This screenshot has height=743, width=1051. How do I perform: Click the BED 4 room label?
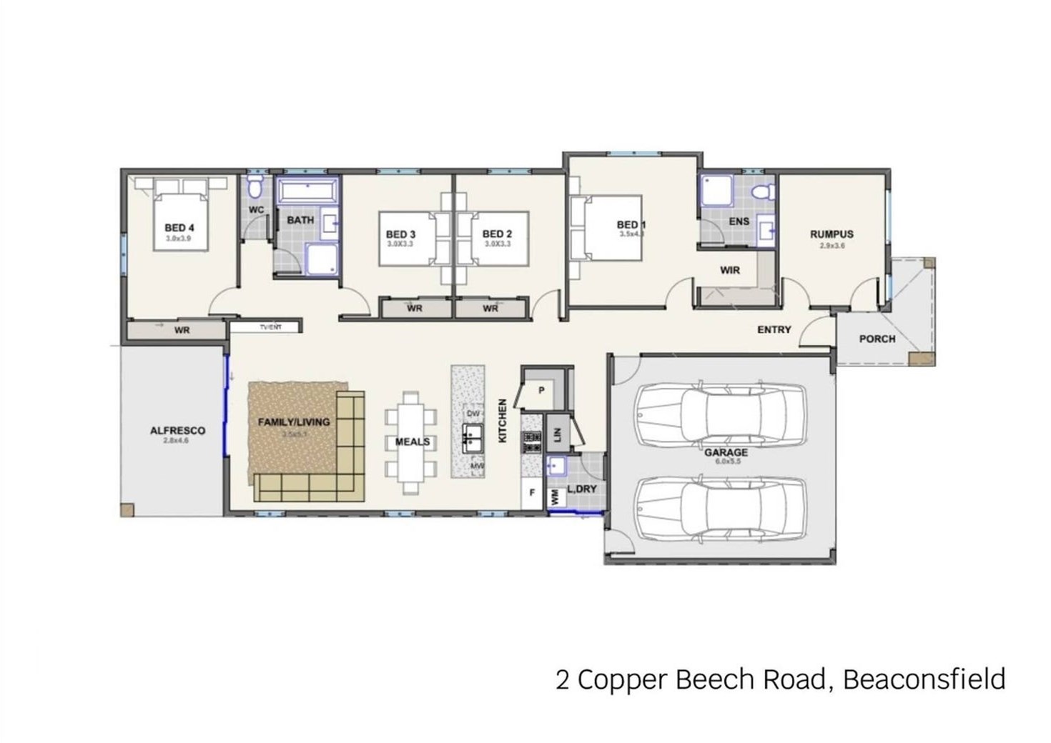(x=179, y=228)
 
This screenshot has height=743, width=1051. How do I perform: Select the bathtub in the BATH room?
(x=307, y=191)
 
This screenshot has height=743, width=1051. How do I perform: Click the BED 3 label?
(x=400, y=234)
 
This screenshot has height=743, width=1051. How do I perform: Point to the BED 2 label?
(x=497, y=234)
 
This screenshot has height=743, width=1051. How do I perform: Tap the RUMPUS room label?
(x=832, y=234)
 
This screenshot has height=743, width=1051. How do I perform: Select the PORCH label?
(x=877, y=339)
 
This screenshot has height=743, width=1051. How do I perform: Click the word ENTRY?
(x=774, y=329)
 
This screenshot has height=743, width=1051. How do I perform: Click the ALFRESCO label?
(x=177, y=431)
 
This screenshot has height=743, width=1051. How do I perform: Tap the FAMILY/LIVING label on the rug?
(x=294, y=422)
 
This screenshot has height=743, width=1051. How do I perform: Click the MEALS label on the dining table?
(x=413, y=442)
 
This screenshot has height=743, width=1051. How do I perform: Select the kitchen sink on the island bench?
(x=472, y=436)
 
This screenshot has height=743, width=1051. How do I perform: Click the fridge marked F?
(x=532, y=493)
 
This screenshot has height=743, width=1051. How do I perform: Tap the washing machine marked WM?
(x=554, y=496)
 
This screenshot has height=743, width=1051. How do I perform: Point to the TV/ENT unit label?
(x=270, y=327)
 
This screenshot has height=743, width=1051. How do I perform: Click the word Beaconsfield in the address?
(x=924, y=679)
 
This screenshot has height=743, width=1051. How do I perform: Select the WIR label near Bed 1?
(x=730, y=270)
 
